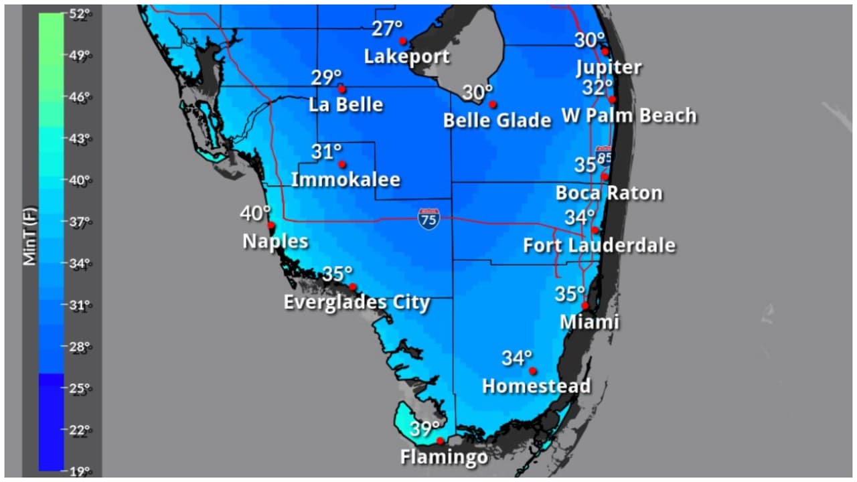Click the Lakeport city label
(x=406, y=56)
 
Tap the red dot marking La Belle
(x=341, y=89)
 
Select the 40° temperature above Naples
(x=255, y=214)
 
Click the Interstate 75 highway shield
(x=428, y=219)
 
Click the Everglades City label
(x=356, y=302)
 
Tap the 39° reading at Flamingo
(x=424, y=429)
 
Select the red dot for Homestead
(x=533, y=371)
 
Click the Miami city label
(x=589, y=322)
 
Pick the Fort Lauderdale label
(x=599, y=246)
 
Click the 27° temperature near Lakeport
(x=387, y=29)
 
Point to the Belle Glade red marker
(x=493, y=104)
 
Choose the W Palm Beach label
(x=629, y=116)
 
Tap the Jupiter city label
(x=609, y=68)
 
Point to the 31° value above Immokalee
(x=326, y=152)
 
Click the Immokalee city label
(x=345, y=179)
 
